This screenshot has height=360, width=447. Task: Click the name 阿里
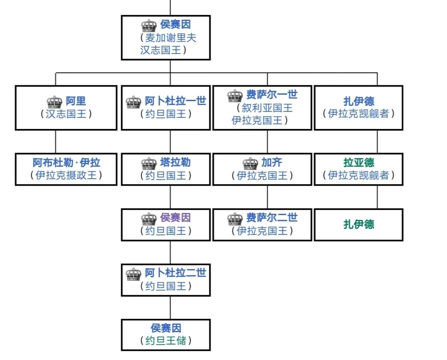[76, 101]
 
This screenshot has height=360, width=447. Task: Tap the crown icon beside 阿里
[54, 102]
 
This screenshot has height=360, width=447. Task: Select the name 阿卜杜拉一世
[176, 101]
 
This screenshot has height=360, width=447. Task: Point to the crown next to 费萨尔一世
[235, 95]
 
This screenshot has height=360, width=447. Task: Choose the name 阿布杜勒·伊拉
[66, 163]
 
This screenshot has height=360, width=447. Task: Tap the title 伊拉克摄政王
[66, 175]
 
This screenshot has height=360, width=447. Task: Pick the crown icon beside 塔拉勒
[149, 163]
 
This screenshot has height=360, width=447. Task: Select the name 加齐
[272, 163]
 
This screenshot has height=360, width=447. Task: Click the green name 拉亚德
[359, 163]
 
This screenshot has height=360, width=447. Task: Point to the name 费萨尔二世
[272, 218]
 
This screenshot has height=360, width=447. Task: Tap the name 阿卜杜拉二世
[176, 273]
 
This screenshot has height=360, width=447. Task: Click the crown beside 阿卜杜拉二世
[134, 274]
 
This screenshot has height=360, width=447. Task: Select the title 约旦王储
[166, 341]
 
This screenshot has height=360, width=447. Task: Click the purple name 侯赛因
[176, 218]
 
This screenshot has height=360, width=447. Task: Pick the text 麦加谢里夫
[171, 38]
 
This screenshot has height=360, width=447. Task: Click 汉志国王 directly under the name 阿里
[66, 114]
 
